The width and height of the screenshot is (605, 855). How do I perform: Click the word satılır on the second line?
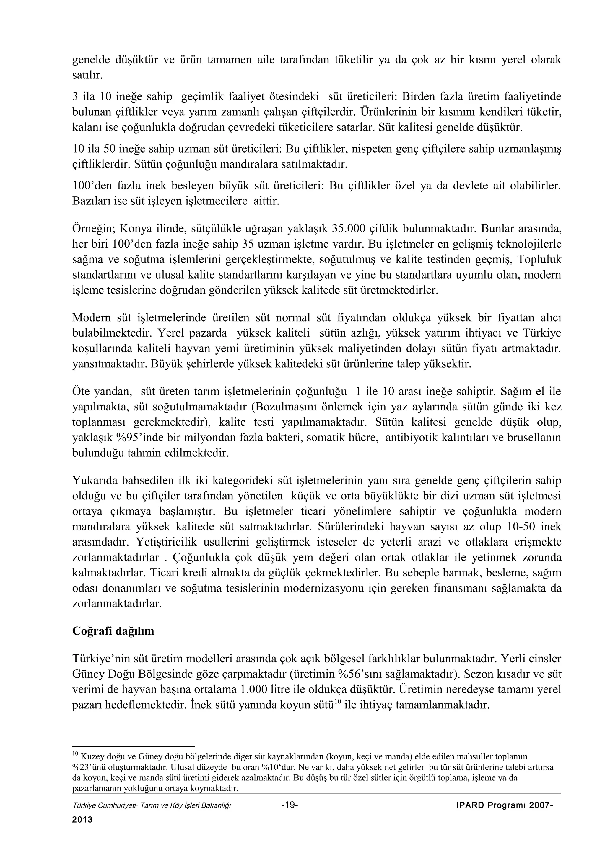(87, 75)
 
